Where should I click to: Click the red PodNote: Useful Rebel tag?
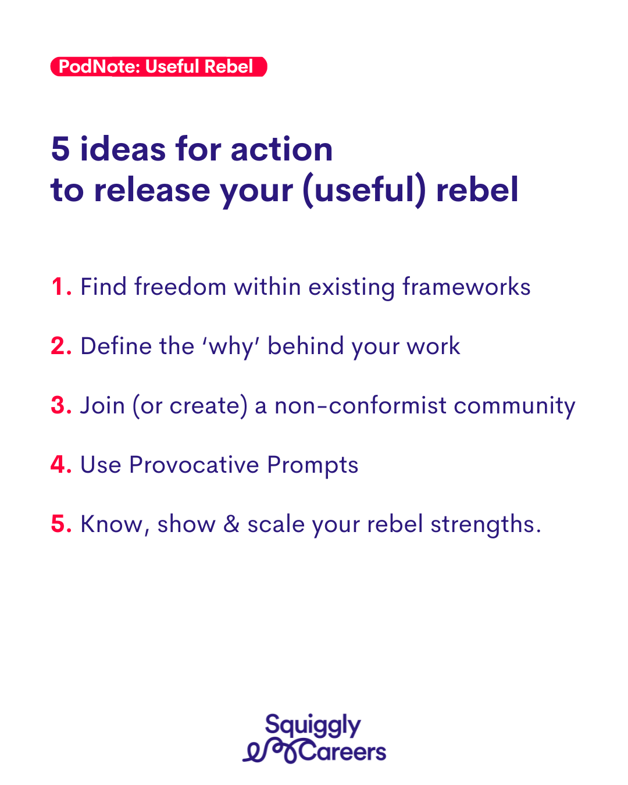tap(158, 67)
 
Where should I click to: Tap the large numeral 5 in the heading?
tap(60, 149)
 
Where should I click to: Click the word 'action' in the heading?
tap(281, 149)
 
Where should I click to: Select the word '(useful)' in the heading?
tap(364, 190)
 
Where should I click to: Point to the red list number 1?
tap(60, 287)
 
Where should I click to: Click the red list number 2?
tap(61, 346)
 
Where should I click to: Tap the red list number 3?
tap(61, 405)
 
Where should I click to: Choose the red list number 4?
tap(61, 465)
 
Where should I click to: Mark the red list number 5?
tap(61, 524)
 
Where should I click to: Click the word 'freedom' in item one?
tap(180, 286)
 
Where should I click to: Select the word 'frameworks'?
tap(466, 286)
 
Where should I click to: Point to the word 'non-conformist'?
tap(360, 405)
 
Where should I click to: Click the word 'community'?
tap(515, 406)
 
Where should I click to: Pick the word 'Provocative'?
tap(194, 465)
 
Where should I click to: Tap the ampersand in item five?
tap(231, 524)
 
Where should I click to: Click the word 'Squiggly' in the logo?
tap(313, 726)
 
